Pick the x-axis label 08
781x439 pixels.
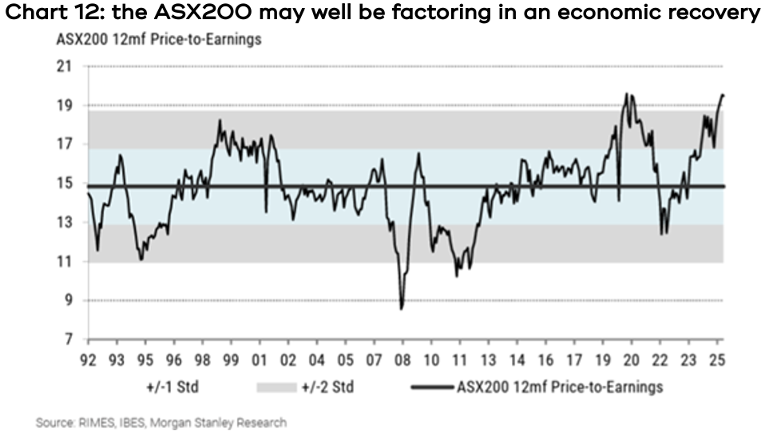point(402,360)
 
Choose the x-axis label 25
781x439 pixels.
point(717,360)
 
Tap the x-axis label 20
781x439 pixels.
point(631,360)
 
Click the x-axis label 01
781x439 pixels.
point(259,360)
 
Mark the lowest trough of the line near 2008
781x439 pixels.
point(402,308)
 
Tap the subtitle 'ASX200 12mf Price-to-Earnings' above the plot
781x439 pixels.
point(158,40)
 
